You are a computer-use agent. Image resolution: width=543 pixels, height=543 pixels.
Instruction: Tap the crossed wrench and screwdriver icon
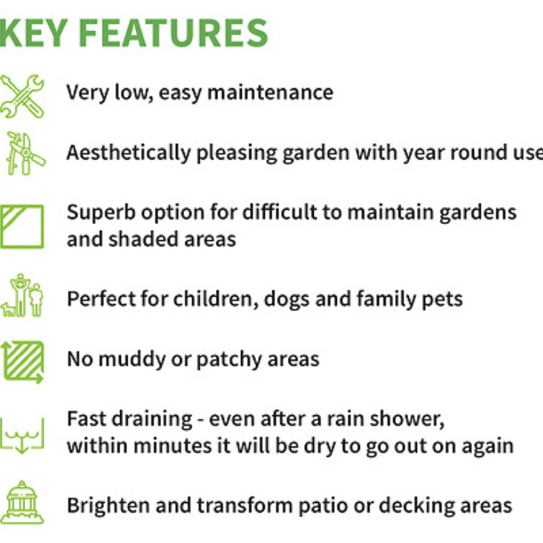[22, 96]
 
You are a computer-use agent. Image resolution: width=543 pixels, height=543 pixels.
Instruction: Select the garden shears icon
[24, 153]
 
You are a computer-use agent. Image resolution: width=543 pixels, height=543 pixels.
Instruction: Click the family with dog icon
[23, 296]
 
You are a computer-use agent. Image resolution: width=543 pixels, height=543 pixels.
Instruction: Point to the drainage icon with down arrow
[22, 435]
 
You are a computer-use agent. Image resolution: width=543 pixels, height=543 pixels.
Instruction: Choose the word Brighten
[108, 506]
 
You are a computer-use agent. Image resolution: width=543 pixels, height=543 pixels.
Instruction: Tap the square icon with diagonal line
[22, 226]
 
